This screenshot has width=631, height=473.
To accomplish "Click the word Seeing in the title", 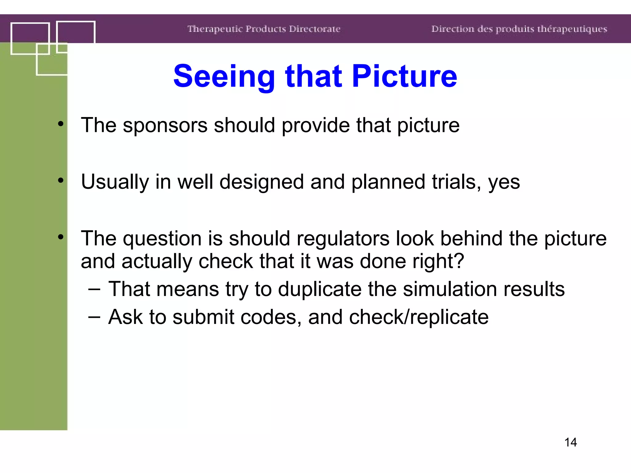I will [x=224, y=76].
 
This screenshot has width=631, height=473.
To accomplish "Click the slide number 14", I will [x=570, y=442].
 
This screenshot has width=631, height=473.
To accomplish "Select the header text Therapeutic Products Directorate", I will [x=264, y=29].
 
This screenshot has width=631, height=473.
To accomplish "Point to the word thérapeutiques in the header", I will [x=572, y=29].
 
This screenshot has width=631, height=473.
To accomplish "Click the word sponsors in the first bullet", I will [x=165, y=126].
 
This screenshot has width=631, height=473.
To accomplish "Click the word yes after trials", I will [x=504, y=182].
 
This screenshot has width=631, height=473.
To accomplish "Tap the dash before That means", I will [x=94, y=289].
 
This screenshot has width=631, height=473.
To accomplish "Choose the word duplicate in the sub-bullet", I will [x=320, y=289].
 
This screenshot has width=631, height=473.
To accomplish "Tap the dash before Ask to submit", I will [x=94, y=317].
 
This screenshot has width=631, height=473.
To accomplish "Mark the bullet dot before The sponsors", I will [x=61, y=124].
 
